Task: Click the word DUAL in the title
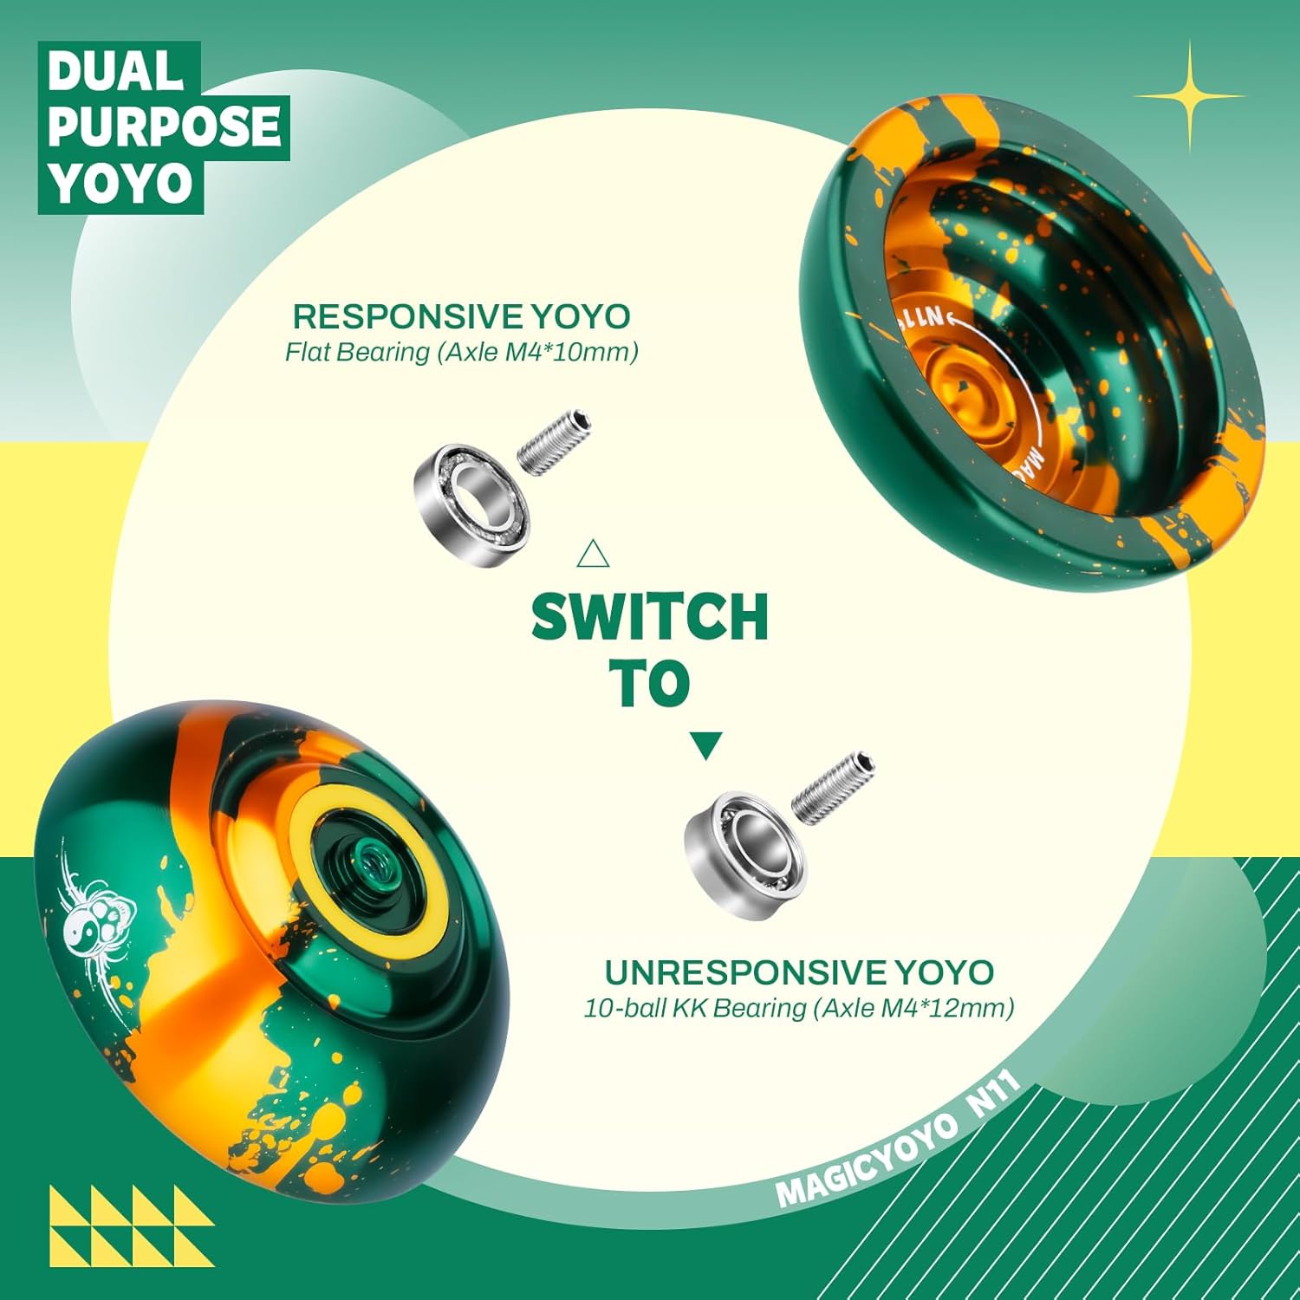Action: point(115,72)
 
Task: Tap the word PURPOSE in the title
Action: point(164,127)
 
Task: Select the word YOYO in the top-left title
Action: point(120,185)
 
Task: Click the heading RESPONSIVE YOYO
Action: point(461,316)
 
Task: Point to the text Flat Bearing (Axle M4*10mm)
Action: point(461,353)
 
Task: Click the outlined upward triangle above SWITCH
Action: point(593,555)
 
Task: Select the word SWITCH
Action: point(650,617)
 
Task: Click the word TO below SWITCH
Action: point(649,684)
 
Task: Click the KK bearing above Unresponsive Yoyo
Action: point(744,854)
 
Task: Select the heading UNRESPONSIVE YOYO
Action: point(798,972)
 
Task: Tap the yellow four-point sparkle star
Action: point(1189,95)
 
